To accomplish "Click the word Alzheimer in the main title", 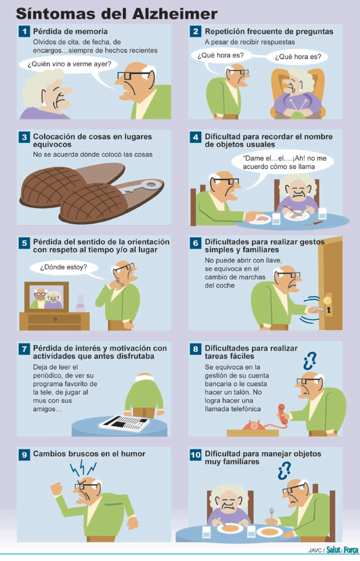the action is coord(174,14).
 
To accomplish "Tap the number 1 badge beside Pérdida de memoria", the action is coord(25,31).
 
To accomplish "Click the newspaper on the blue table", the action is coord(124,423).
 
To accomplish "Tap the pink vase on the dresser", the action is coord(81,304).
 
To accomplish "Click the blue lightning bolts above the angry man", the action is coord(83,467).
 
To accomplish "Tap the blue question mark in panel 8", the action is coord(310,361).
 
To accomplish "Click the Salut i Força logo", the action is coord(342,550).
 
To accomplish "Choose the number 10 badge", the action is coord(195,455).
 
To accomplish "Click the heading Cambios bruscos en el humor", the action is coord(89,453).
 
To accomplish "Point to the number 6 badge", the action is coord(195,243).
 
